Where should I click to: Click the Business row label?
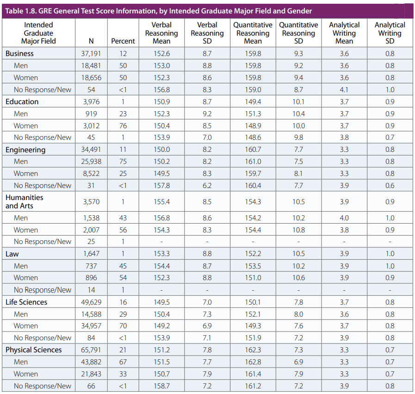point(19,54)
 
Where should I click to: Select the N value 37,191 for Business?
point(91,54)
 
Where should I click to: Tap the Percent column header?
point(123,41)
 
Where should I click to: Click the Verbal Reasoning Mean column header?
point(161,33)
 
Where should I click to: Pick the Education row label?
point(22,102)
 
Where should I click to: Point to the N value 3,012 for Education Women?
point(91,126)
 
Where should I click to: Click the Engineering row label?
point(25,150)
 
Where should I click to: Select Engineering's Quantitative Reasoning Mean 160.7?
point(253,150)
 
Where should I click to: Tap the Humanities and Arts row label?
point(24,201)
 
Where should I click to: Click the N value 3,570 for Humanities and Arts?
point(91,202)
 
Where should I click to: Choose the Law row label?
point(12,254)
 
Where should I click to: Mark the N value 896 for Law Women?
point(91,278)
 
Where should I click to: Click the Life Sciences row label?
point(26,302)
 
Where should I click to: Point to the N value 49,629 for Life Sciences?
point(91,302)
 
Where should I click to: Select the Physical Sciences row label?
point(33,350)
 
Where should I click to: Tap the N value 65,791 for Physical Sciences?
point(91,350)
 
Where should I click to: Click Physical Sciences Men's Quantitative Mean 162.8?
point(253,362)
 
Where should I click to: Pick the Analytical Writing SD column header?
point(390,33)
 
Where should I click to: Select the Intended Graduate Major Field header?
point(38,33)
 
